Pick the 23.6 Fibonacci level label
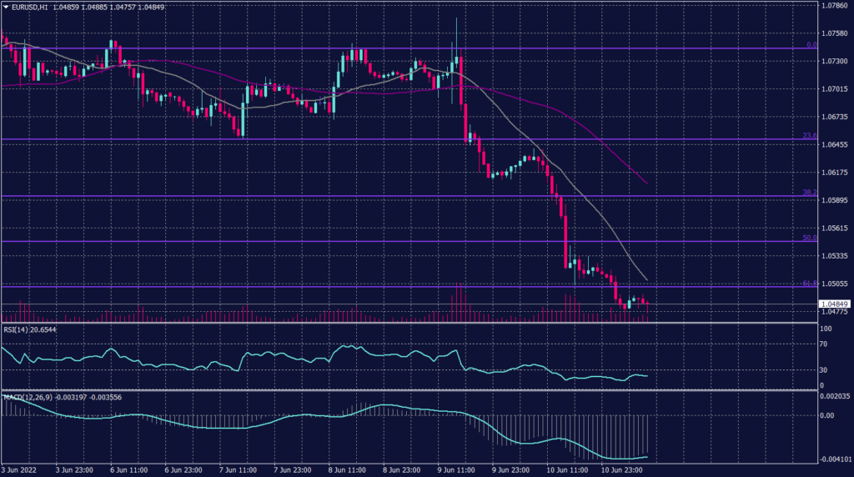click(x=808, y=135)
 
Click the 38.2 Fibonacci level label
click(x=808, y=192)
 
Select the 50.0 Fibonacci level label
click(x=808, y=238)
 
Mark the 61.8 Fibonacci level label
click(x=808, y=284)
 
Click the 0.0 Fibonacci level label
click(x=810, y=44)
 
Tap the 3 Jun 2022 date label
click(x=20, y=469)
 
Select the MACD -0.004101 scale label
click(x=834, y=459)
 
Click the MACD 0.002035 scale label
click(x=834, y=395)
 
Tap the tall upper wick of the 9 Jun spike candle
click(x=456, y=33)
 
